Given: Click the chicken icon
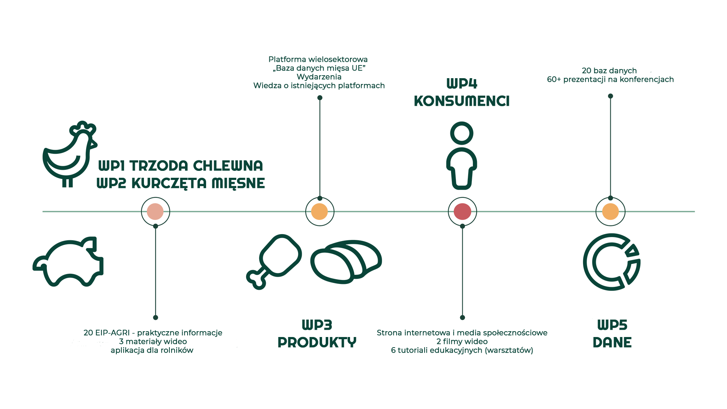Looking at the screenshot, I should [x=69, y=155].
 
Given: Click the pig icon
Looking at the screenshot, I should [x=69, y=262].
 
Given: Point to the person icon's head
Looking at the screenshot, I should [x=462, y=133].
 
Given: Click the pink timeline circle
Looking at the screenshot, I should [x=155, y=212].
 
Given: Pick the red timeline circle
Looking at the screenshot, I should [x=462, y=212].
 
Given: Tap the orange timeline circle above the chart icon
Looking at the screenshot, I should [x=610, y=212].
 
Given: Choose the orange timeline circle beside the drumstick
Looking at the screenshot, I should [x=320, y=212].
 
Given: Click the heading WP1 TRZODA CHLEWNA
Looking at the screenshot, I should [x=180, y=166].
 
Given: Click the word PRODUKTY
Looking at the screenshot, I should [x=317, y=342].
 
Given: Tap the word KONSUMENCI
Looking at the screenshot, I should [x=462, y=101].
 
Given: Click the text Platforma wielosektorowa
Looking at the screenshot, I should [x=318, y=59].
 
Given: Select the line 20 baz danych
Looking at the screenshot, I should [x=609, y=71].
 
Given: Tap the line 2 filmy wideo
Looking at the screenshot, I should [x=462, y=341].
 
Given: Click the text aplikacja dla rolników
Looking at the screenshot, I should [x=152, y=350].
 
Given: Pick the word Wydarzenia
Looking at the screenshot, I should [x=319, y=77].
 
